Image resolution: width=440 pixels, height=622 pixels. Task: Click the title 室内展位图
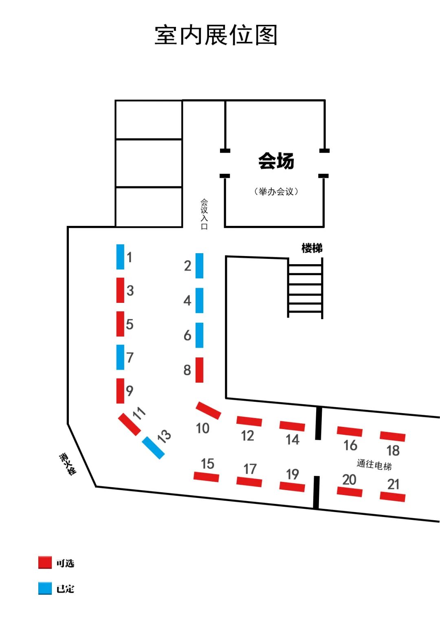point(216,35)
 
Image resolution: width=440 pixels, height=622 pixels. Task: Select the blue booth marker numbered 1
point(120,257)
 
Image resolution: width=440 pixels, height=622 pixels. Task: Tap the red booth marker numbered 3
point(120,290)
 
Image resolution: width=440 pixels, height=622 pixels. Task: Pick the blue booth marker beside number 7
point(120,357)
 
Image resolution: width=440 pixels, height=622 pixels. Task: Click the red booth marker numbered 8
point(199,370)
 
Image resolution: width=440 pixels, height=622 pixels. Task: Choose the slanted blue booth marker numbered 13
point(154,448)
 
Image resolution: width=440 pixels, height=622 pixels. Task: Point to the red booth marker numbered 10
point(209,410)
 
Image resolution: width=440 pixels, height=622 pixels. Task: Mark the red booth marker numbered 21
point(392,497)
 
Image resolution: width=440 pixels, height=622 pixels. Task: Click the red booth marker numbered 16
point(350,431)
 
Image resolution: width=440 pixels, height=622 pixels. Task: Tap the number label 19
point(293,474)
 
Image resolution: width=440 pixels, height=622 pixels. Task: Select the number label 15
point(207,464)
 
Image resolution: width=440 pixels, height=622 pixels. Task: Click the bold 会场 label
point(276,161)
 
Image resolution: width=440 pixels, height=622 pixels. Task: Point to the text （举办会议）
point(276,191)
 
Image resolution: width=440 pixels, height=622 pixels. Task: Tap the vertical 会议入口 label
point(204,214)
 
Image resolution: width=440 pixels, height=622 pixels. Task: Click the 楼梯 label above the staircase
point(312,248)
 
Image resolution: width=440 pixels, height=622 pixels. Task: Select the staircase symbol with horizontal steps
point(305,288)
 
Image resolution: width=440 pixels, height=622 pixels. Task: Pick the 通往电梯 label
point(374,464)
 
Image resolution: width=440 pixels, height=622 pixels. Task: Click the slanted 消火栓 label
point(68,464)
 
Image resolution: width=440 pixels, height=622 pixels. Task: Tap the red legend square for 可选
point(45,563)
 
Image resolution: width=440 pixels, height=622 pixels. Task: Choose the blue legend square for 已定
point(45,588)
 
